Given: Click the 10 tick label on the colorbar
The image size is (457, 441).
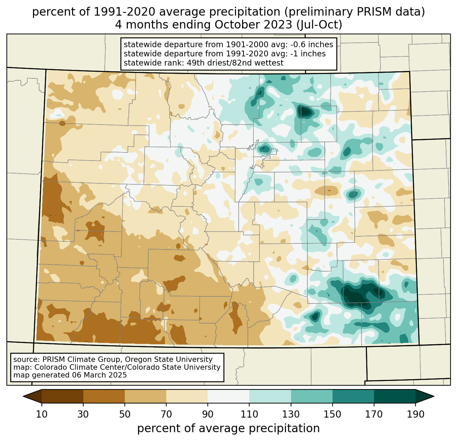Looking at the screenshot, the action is tap(41, 414).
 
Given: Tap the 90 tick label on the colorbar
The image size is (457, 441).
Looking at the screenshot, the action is tap(208, 414).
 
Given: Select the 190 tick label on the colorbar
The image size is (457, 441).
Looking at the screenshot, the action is tap(415, 414).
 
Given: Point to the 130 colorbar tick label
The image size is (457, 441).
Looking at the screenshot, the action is tap(291, 414).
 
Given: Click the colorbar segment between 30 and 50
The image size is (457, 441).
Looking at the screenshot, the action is tap(104, 396).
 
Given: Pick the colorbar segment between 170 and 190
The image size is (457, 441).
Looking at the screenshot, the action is tap(394, 396).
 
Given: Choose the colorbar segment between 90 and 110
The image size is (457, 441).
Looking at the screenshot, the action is tap(228, 396).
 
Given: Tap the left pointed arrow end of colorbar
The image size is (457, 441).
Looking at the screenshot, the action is tap(32, 396).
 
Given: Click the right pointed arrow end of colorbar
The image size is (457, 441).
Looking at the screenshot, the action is tap(425, 396).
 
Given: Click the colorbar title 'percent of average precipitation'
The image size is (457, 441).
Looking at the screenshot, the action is tap(228, 428).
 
